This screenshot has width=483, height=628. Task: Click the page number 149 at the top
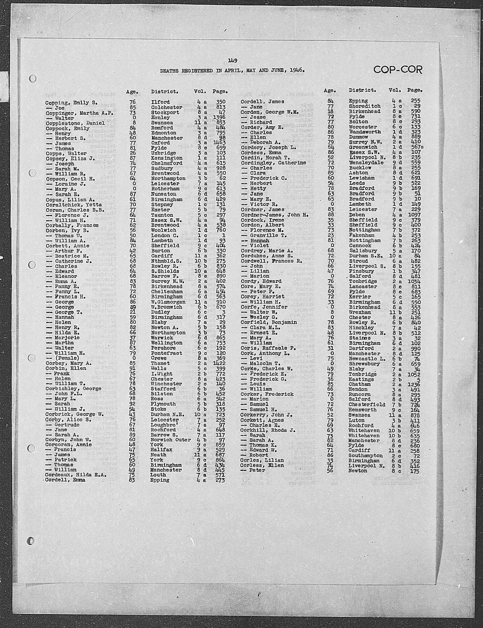pyautogui.click(x=232, y=60)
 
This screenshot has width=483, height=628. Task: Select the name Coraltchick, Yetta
pyautogui.click(x=74, y=205)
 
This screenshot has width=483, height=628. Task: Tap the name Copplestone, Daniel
pyautogui.click(x=75, y=123)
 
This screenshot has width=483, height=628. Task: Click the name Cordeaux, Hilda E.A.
pyautogui.click(x=76, y=475)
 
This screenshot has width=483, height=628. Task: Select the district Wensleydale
pyautogui.click(x=366, y=162)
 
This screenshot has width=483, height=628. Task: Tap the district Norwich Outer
pyautogui.click(x=171, y=440)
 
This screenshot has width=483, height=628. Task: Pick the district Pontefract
pyautogui.click(x=166, y=353)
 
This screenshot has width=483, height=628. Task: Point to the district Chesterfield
pyautogui.click(x=367, y=405)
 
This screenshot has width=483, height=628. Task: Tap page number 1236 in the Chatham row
pyautogui.click(x=414, y=384)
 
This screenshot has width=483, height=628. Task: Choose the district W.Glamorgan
pyautogui.click(x=168, y=302)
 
